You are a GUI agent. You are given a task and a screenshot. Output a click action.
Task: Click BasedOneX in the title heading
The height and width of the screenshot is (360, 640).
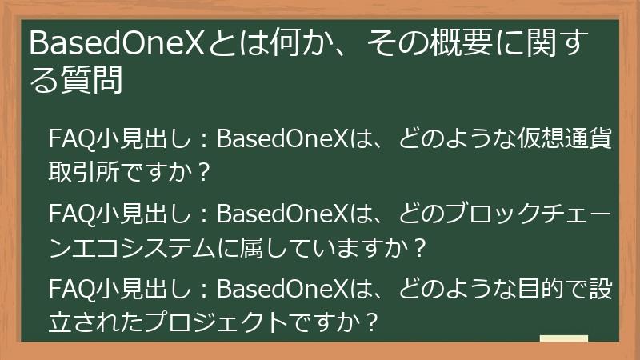click(x=117, y=45)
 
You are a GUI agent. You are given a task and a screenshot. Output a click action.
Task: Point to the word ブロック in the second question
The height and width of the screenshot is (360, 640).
click(x=471, y=215)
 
